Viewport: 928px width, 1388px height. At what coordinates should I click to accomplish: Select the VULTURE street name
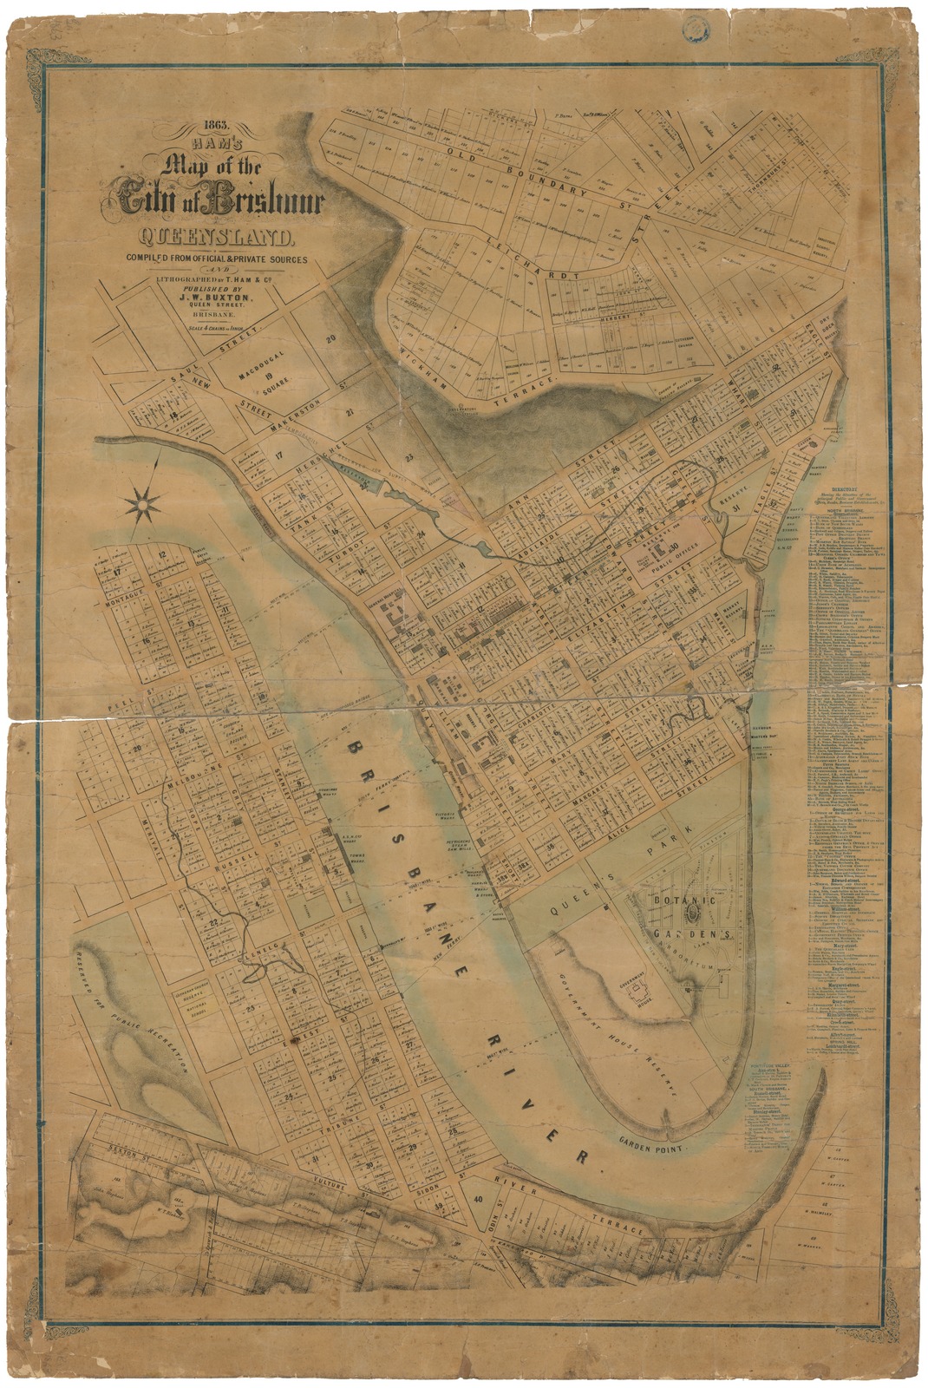pyautogui.click(x=339, y=1195)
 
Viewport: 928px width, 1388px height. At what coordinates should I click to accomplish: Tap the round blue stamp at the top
pyautogui.click(x=693, y=28)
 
